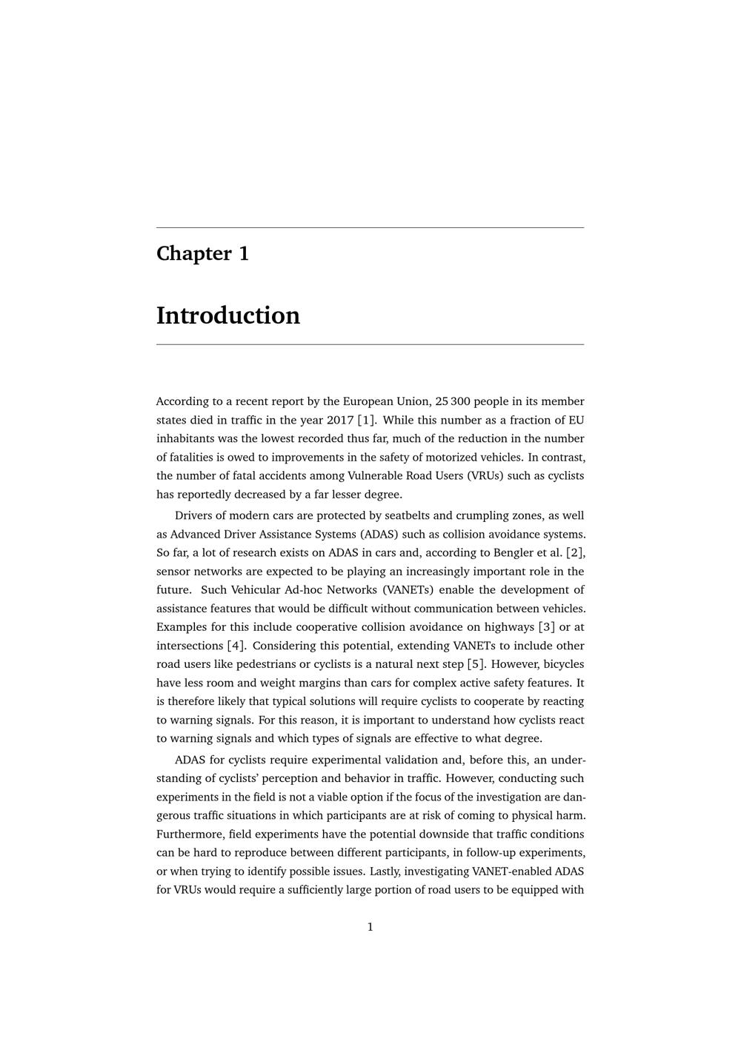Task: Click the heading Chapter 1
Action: point(202,253)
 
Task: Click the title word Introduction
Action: point(227,315)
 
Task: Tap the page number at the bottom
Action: point(370,926)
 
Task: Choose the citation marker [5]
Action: point(476,664)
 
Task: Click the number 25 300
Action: point(453,401)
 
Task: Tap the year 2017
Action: point(340,420)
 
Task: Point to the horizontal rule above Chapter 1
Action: point(370,227)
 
